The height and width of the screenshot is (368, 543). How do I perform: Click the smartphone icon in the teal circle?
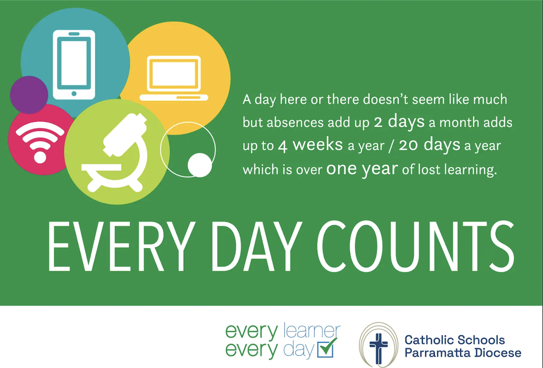point(74,65)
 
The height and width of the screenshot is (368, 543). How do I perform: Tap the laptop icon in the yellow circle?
point(174,78)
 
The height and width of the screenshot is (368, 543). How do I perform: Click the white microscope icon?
point(114,153)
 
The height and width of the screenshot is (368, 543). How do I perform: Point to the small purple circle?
point(29,95)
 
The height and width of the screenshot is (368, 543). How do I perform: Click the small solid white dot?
point(200,165)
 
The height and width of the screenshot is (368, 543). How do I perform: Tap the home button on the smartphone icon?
point(74,94)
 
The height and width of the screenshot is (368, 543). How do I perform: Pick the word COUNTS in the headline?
point(415,247)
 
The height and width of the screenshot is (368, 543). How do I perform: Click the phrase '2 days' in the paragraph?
point(399,121)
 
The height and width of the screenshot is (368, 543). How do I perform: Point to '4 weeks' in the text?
point(310,145)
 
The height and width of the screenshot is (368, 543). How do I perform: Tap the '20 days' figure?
point(429,145)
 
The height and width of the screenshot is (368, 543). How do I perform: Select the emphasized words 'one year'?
point(362,169)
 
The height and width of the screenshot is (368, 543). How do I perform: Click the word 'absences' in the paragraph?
point(295,122)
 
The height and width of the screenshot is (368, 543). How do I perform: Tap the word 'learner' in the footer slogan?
point(312,330)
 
